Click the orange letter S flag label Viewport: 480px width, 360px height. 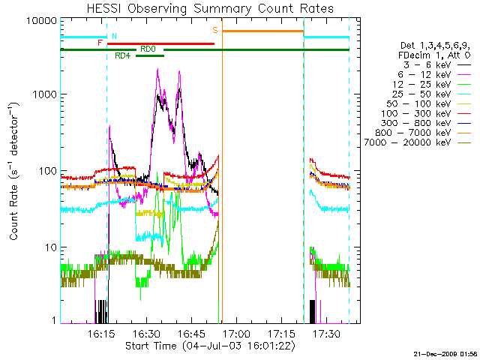click(x=215, y=30)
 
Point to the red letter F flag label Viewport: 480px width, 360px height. click(x=100, y=43)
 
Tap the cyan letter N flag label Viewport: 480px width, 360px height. click(x=114, y=35)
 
